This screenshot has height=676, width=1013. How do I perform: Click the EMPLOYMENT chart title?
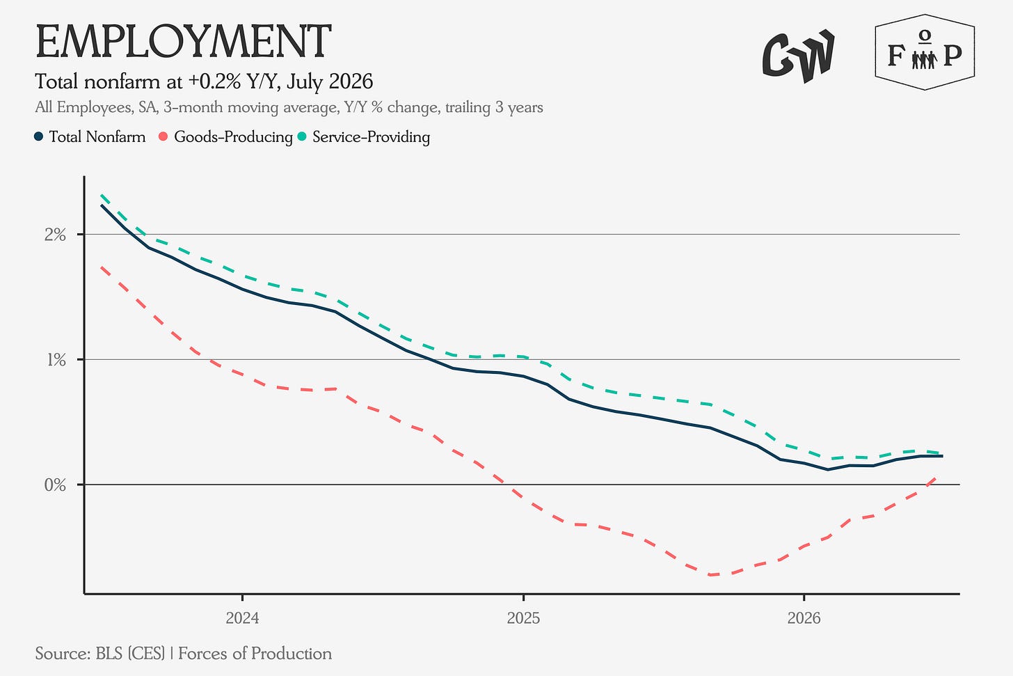(x=183, y=42)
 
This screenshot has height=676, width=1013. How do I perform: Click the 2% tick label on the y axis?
(x=55, y=235)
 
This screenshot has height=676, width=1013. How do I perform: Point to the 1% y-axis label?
(x=56, y=360)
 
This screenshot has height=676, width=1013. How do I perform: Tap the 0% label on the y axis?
(x=55, y=485)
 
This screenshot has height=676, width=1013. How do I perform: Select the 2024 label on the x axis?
(x=242, y=618)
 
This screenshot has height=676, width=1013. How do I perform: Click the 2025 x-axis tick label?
(x=523, y=618)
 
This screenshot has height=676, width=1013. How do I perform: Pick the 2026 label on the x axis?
(x=804, y=618)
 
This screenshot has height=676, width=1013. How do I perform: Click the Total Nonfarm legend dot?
(x=39, y=136)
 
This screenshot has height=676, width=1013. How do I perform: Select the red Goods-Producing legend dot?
(x=163, y=136)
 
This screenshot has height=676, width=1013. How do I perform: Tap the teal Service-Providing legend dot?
(x=302, y=136)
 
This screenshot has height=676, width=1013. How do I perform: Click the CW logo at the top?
(x=798, y=56)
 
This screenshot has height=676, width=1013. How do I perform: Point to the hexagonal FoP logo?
(x=925, y=52)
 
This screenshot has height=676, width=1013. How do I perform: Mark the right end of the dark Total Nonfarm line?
(x=942, y=456)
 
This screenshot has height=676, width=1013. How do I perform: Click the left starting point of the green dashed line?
(x=102, y=196)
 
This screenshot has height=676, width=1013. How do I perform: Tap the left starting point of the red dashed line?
(x=102, y=267)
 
